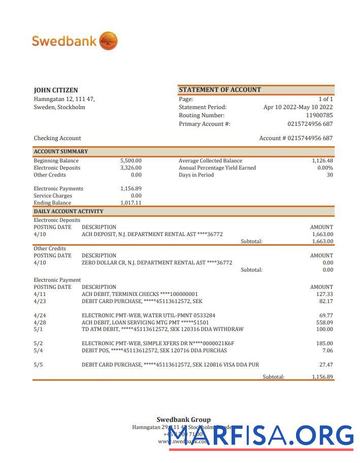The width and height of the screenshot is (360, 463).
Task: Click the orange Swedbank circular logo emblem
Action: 108,41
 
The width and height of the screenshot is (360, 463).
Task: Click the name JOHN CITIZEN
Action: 56,90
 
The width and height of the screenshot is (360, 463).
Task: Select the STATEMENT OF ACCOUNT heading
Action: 220,90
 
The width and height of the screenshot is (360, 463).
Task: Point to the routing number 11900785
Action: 319,115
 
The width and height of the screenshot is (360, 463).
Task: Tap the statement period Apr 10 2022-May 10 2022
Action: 298,107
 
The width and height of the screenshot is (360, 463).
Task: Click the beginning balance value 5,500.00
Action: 130,160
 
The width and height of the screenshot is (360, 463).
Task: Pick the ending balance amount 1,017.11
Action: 130,203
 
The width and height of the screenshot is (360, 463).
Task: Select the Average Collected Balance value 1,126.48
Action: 322,160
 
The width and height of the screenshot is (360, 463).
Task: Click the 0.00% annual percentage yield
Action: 325,168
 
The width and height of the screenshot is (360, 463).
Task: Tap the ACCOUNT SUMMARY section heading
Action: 61,151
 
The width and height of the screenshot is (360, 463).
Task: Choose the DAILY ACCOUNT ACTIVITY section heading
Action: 69,211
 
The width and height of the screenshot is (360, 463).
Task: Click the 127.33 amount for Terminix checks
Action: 324,294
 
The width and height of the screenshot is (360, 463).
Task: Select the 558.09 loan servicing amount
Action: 324,322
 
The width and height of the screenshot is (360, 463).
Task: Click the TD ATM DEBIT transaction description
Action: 162,329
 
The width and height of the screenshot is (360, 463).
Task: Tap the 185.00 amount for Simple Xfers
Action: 324,343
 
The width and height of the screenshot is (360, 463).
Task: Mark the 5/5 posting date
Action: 38,365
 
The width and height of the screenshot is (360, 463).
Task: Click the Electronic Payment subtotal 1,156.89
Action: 322,377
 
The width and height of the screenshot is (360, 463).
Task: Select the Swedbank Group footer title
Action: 183,419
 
